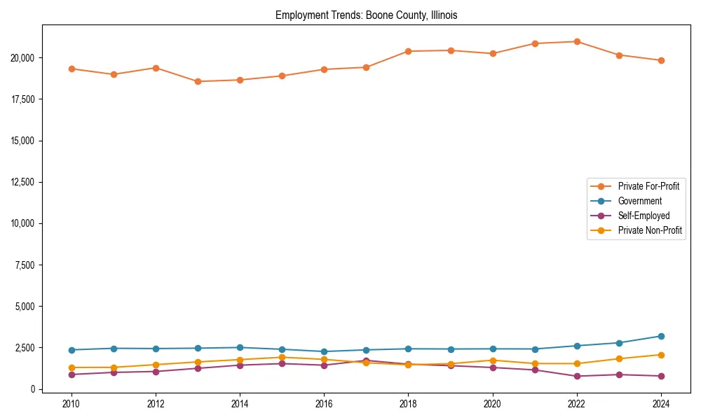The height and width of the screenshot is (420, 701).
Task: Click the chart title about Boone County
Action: pyautogui.click(x=366, y=15)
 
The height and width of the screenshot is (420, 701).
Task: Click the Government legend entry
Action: pyautogui.click(x=639, y=201)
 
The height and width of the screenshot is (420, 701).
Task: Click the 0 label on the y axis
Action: pyautogui.click(x=34, y=389)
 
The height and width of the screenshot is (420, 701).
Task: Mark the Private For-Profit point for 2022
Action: pyautogui.click(x=577, y=41)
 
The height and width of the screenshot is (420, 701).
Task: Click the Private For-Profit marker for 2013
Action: pyautogui.click(x=198, y=81)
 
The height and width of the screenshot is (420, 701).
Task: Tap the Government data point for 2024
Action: pyautogui.click(x=661, y=336)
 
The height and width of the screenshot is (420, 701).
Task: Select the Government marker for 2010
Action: pyautogui.click(x=72, y=350)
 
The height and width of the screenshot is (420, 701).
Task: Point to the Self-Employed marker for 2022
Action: pyautogui.click(x=577, y=376)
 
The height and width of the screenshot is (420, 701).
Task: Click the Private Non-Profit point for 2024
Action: pyautogui.click(x=661, y=355)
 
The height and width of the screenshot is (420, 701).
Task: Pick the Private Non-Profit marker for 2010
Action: pyautogui.click(x=72, y=367)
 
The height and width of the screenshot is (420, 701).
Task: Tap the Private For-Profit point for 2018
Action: pyautogui.click(x=408, y=51)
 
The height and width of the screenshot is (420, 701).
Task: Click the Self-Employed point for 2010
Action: pyautogui.click(x=72, y=374)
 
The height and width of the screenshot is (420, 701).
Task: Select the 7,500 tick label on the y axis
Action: pyautogui.click(x=28, y=265)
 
